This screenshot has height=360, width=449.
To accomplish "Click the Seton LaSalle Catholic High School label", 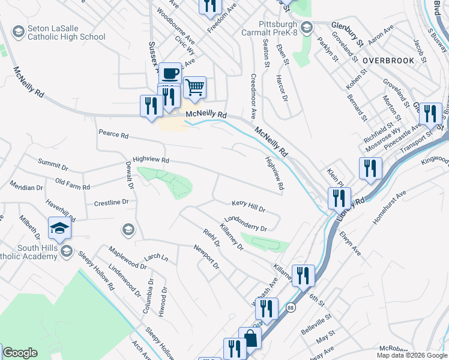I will click(66, 32).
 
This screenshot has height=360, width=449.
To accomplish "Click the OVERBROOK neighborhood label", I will click(388, 61).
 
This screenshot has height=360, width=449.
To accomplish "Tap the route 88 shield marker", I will click(291, 306).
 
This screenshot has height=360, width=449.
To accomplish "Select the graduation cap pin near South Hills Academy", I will click(59, 229).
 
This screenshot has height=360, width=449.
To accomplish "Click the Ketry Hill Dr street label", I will click(248, 208).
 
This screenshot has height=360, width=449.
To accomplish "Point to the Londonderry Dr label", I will click(245, 224).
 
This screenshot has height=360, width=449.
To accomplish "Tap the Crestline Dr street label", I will click(112, 203).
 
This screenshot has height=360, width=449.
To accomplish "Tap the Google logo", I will click(20, 353).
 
